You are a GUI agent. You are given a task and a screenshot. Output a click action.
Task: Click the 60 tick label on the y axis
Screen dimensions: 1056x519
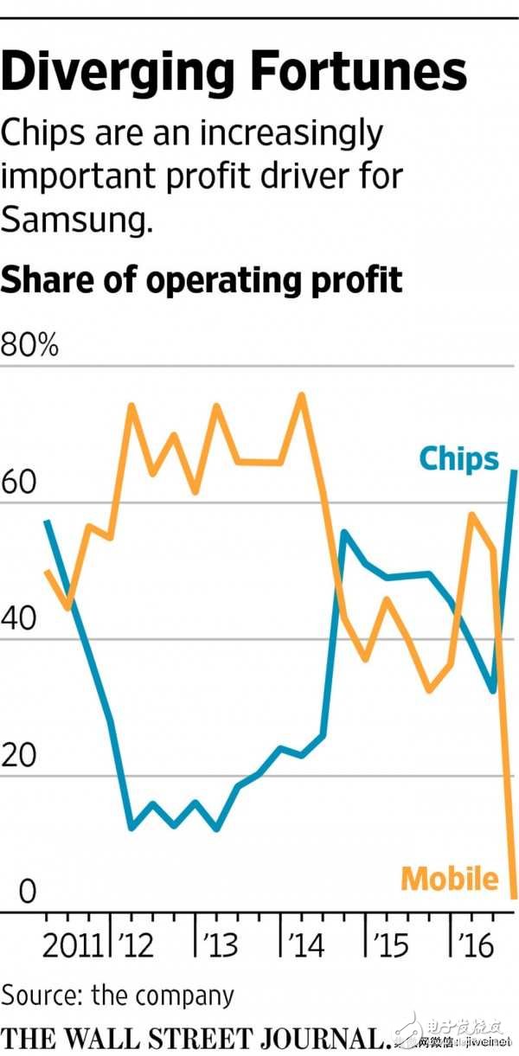coord(19,483)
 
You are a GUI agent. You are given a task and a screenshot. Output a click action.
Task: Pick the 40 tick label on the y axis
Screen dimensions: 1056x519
coord(19,620)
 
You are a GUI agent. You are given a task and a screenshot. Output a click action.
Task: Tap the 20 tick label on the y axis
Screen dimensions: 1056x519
coord(19,757)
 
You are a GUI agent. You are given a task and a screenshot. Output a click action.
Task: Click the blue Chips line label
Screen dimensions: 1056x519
coord(458,458)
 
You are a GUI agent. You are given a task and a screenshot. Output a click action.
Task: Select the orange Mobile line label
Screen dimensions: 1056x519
coord(451,879)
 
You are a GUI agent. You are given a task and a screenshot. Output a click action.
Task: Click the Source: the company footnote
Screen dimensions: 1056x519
coord(118,995)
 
